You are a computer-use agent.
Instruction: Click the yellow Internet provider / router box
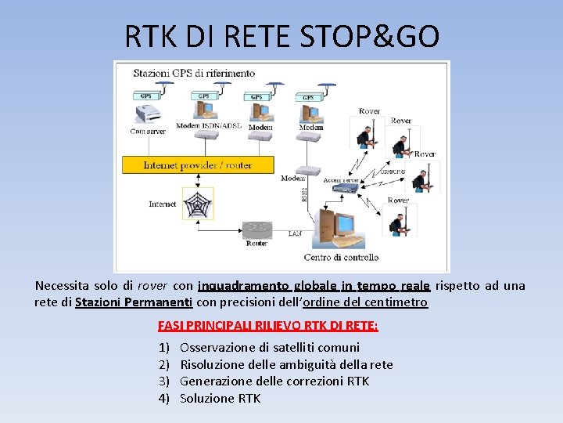coord(198,165)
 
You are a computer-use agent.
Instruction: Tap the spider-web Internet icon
coord(198,203)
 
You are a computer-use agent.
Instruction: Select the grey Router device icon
coord(257,230)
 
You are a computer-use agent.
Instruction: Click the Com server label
coord(147,132)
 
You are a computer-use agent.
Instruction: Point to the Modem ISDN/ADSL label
coord(209,126)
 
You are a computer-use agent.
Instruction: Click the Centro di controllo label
coord(341,257)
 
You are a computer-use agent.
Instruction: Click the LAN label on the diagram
coord(295,233)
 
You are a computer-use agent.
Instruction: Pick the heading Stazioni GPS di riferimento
coord(194,73)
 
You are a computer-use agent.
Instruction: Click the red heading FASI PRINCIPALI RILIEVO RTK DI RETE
coord(268,325)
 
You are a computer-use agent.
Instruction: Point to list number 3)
coord(164,381)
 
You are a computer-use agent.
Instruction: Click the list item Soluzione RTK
coord(220,399)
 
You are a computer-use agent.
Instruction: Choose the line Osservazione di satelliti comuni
coord(270,347)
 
